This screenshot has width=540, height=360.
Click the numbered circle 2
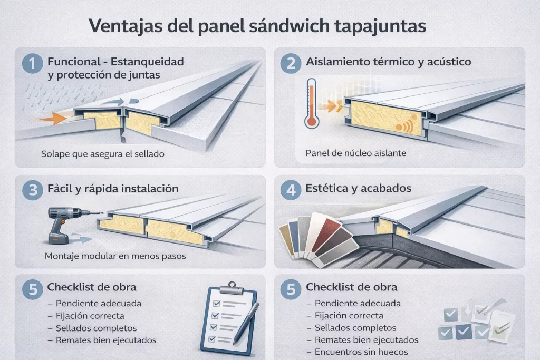pyautogui.click(x=291, y=64)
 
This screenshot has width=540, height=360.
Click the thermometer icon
pyautogui.click(x=311, y=104)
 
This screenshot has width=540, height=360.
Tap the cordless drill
pyautogui.click(x=62, y=224)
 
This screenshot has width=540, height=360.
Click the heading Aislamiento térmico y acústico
pyautogui.click(x=389, y=62)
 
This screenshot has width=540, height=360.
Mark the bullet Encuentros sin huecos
pyautogui.click(x=360, y=352)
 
